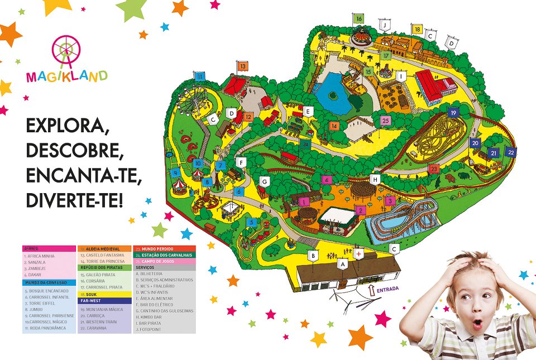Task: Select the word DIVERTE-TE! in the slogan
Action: pyautogui.click(x=74, y=200)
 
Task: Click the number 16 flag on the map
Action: pyautogui.click(x=358, y=18)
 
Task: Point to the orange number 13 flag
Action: pyautogui.click(x=242, y=66)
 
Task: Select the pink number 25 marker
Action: pyautogui.click(x=385, y=120)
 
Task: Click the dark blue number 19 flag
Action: pyautogui.click(x=453, y=113)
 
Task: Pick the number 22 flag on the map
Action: pyautogui.click(x=510, y=151)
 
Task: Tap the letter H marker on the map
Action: pyautogui.click(x=375, y=179)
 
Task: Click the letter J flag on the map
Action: pyautogui.click(x=384, y=25)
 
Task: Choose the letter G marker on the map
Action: pyautogui.click(x=265, y=181)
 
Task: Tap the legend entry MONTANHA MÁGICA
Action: pyautogui.click(x=102, y=309)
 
